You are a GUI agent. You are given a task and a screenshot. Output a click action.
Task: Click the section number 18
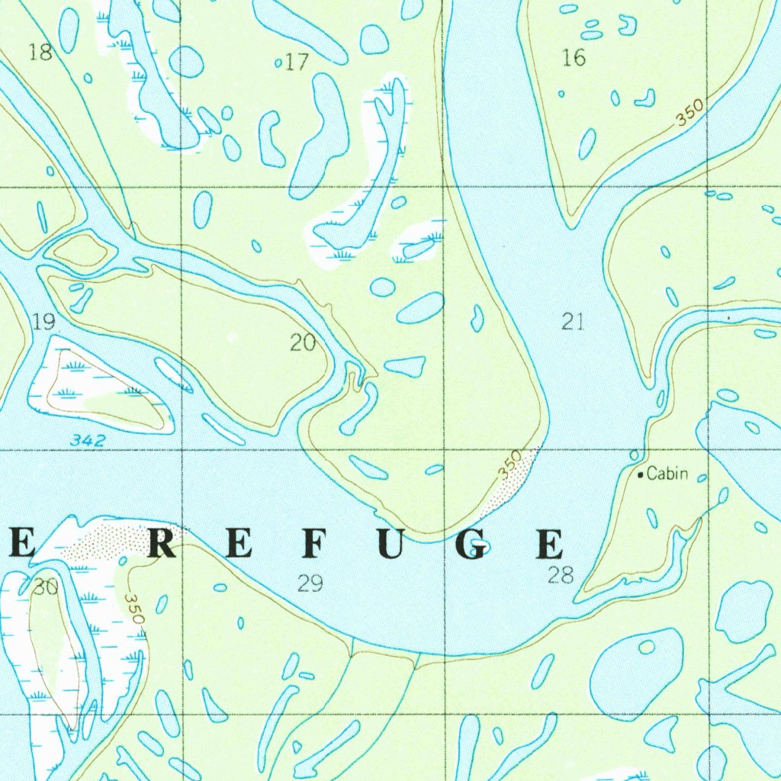(40, 53)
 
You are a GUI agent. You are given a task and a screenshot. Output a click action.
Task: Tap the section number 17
(297, 63)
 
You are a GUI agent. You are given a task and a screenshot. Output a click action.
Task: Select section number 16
(574, 58)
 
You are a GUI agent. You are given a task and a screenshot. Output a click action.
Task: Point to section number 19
(44, 322)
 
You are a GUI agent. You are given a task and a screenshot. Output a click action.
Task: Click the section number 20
(303, 343)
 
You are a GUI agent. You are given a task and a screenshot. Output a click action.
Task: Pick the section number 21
(573, 322)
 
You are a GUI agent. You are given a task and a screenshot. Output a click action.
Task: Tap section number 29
(310, 584)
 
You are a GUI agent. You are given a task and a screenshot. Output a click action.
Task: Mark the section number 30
(46, 587)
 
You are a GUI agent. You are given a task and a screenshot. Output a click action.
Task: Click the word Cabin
(667, 474)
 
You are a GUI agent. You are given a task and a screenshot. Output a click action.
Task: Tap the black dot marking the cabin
(640, 474)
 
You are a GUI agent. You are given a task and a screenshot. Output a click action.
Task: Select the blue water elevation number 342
(85, 440)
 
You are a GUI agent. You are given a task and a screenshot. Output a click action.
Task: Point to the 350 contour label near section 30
(135, 609)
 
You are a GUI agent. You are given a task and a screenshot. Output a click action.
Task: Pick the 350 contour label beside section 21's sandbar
(510, 464)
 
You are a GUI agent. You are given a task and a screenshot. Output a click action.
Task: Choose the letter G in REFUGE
(473, 545)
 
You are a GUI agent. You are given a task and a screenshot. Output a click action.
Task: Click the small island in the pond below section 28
(647, 647)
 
